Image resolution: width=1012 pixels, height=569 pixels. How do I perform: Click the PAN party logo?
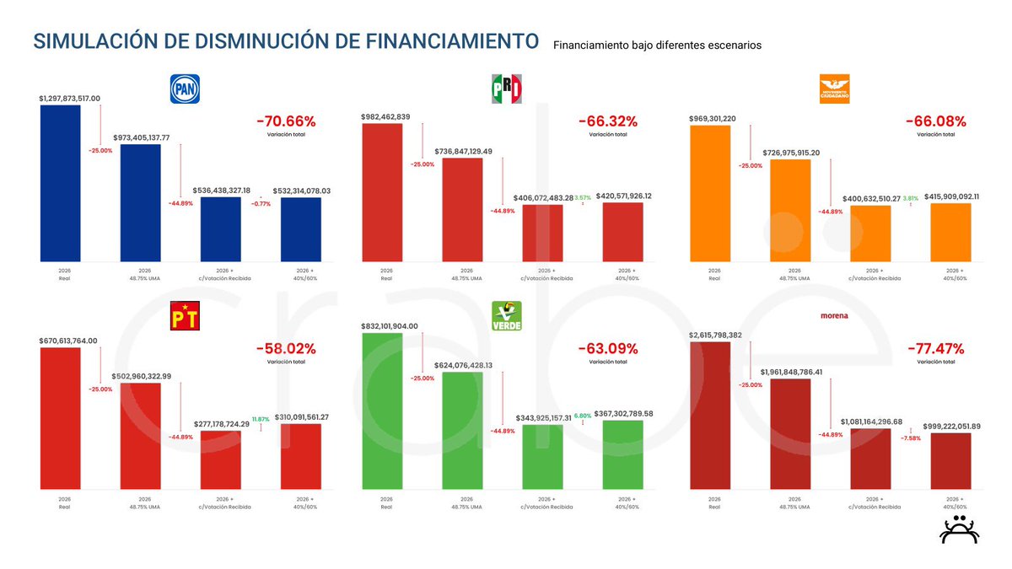point(185,89)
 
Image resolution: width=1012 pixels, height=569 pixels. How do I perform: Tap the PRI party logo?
point(507,89)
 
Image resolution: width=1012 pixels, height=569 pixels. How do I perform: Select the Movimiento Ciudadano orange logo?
point(834,89)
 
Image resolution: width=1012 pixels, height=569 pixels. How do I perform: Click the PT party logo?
point(185,315)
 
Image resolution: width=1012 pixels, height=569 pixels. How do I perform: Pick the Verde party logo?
point(507,315)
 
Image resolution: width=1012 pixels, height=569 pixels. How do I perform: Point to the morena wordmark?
point(834,316)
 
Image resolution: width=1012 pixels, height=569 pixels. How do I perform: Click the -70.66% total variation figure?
point(285,121)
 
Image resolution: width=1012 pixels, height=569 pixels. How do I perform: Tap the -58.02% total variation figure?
point(285,348)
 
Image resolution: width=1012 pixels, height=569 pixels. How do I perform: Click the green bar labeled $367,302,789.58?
point(623,454)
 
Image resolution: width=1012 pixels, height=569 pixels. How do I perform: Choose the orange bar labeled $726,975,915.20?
point(790,210)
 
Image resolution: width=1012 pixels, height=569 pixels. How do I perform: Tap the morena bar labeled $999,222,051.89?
point(950,460)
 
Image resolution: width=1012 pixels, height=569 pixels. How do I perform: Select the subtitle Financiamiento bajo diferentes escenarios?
point(657,45)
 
